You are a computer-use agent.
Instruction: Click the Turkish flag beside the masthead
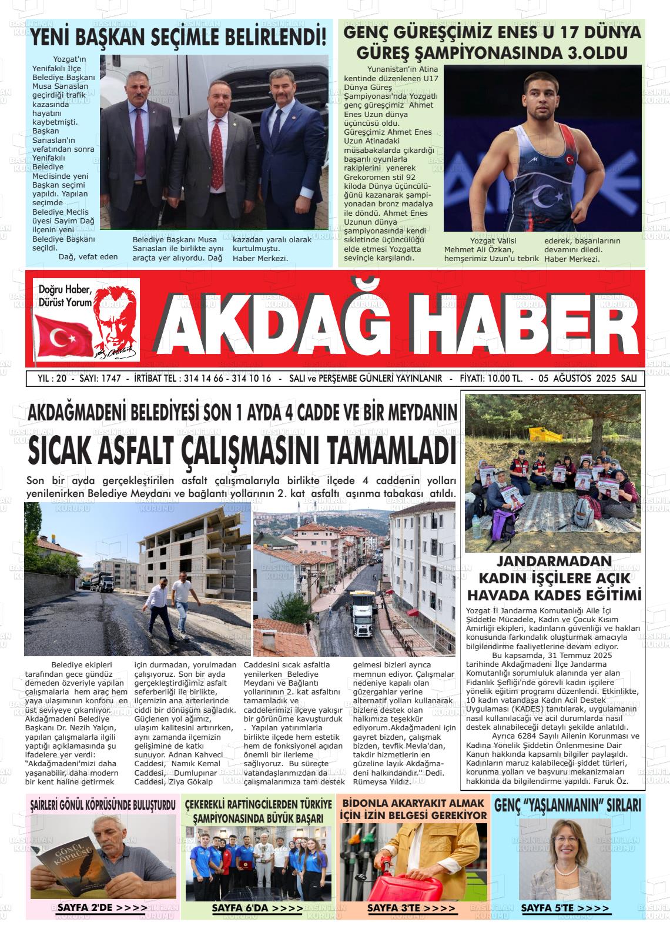[59, 336]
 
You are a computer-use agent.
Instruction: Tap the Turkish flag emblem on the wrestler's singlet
[568, 159]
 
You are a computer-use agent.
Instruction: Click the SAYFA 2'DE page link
[102, 908]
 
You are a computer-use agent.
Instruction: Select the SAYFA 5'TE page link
[565, 908]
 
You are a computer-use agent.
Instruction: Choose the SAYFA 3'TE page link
[411, 908]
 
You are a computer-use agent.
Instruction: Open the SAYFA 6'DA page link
[257, 908]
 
